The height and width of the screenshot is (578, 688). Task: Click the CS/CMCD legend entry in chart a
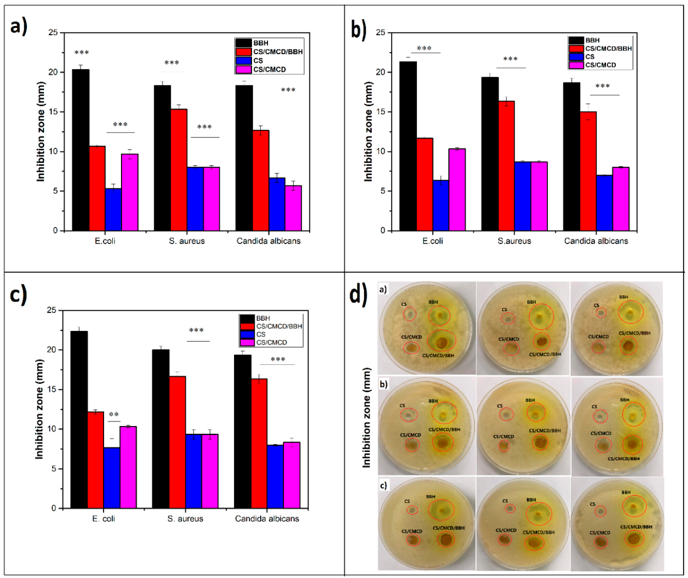pyautogui.click(x=269, y=69)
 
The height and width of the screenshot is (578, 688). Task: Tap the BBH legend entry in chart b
pyautogui.click(x=592, y=40)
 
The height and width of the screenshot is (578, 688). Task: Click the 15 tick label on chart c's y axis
pyautogui.click(x=51, y=389)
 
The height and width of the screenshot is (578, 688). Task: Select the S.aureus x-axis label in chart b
pyautogui.click(x=514, y=241)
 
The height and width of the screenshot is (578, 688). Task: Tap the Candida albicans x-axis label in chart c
pyautogui.click(x=267, y=519)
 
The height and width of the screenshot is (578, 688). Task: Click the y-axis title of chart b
pyautogui.click(x=368, y=131)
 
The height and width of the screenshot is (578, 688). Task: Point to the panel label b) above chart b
pyautogui.click(x=359, y=29)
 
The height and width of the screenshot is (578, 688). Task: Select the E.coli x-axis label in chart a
pyautogui.click(x=105, y=241)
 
